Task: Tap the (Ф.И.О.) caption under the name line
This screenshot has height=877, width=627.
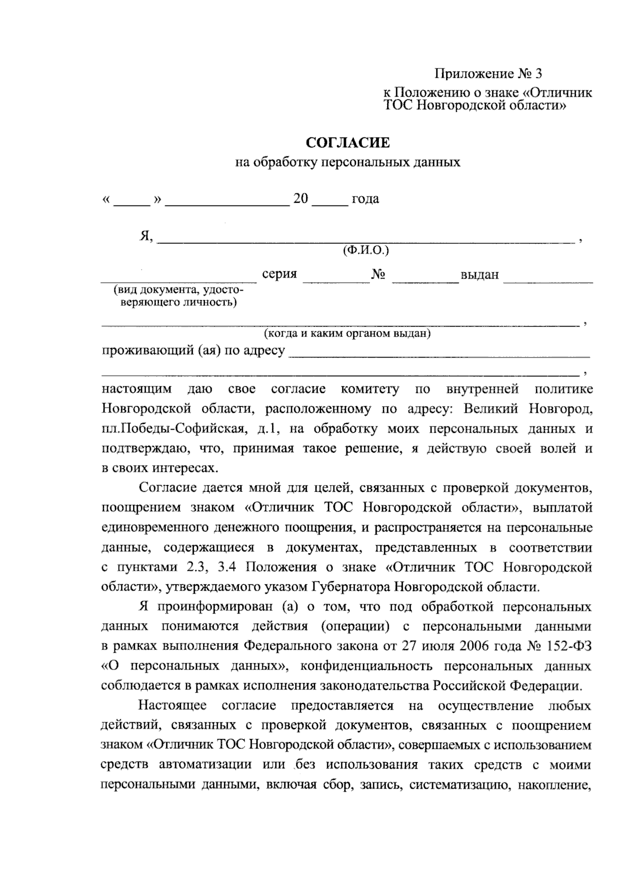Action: [365, 250]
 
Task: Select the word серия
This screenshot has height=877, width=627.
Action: [280, 274]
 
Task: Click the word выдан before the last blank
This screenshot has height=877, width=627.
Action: [480, 275]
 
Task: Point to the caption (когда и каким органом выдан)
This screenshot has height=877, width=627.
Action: [347, 333]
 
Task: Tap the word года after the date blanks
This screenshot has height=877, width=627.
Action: [365, 199]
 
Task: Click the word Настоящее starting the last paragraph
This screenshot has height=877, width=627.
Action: [173, 706]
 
